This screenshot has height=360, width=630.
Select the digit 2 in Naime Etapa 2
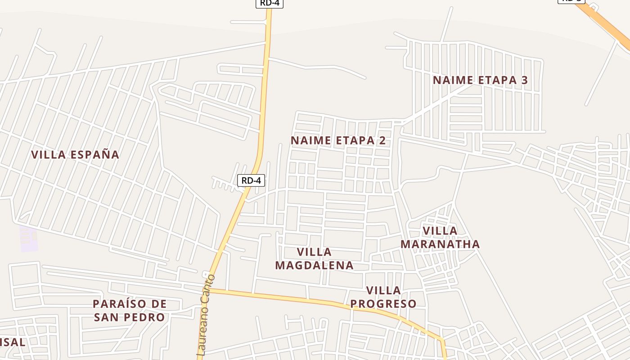[382, 140]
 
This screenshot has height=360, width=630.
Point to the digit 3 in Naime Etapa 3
[524, 80]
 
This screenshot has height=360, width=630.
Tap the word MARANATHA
[440, 244]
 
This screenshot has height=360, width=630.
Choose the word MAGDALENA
[314, 265]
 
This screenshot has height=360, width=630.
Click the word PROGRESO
[383, 304]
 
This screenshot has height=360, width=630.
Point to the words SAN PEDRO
[130, 318]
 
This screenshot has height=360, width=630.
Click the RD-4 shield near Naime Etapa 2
[251, 180]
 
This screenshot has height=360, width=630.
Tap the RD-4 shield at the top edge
[270, 3]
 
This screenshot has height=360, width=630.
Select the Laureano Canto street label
[207, 315]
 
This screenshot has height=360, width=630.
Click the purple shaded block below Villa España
[28, 239]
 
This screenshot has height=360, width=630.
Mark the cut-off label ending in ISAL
[13, 342]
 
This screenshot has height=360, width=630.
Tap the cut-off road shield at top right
[571, 1]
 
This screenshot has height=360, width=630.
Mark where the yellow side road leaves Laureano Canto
[211, 291]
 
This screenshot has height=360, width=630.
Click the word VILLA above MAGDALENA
[314, 252]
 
